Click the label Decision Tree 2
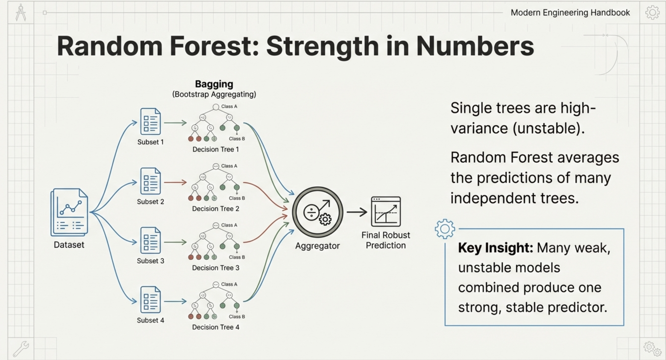coord(216,209)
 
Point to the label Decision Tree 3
coord(216,268)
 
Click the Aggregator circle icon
coord(318,212)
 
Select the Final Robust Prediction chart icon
coord(386,211)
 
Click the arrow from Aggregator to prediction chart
coord(357,212)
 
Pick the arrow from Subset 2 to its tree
coord(175,182)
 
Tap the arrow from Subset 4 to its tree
coord(175,301)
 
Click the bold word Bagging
coord(214,84)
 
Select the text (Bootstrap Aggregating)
coord(214,94)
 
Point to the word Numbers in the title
coord(475,46)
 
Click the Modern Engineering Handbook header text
coord(570,13)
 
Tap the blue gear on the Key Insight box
coord(445,229)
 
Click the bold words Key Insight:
coord(495,248)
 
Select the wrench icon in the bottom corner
coord(21,348)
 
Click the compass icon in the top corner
coord(21,13)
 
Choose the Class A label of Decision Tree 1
coord(229,106)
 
